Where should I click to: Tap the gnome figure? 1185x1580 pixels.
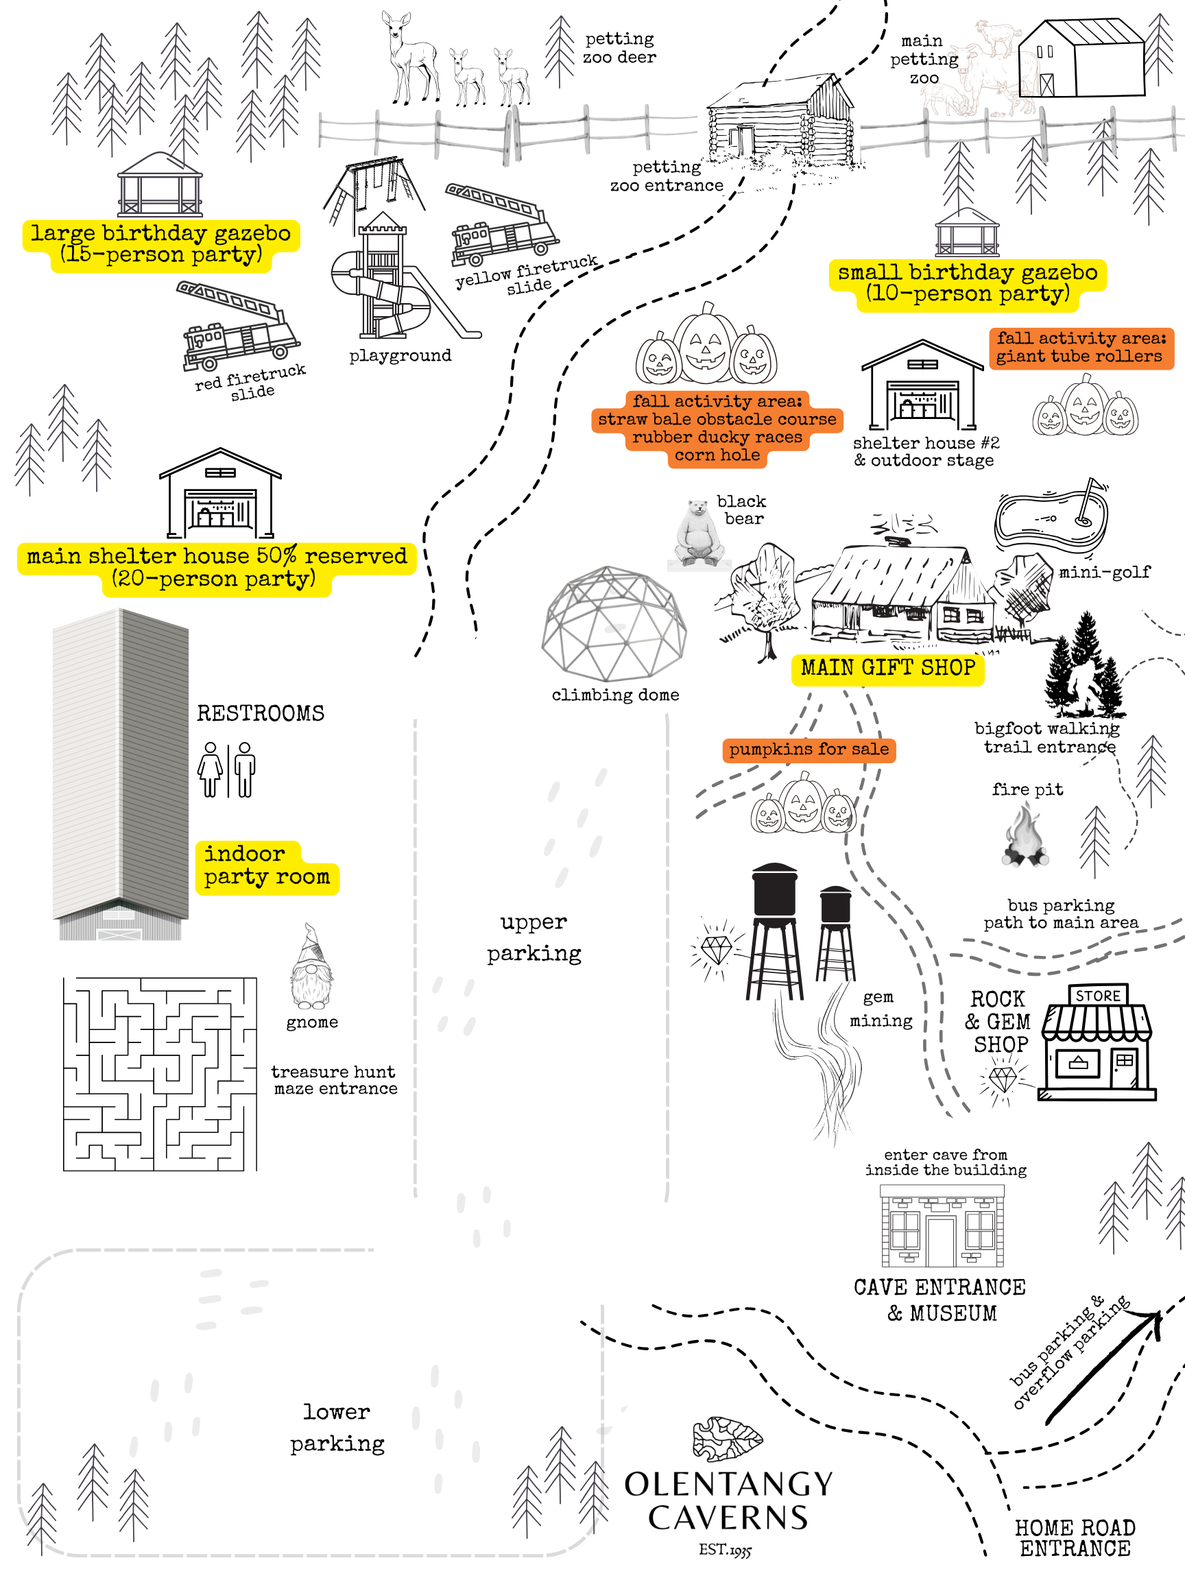pos(311,968)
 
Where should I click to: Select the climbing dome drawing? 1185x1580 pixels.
pos(614,623)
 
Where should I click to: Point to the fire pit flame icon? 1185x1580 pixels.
pos(1026,835)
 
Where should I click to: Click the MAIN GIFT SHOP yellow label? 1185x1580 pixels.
pos(887,669)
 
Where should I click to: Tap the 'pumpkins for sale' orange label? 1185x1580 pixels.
pos(809,750)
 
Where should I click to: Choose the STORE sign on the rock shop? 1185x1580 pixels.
pos(1098,996)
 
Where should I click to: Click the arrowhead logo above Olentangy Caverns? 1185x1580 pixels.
pos(727,1438)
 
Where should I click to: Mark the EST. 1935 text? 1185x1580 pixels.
pos(725,1549)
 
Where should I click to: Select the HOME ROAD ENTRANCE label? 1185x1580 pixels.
pos(1075,1538)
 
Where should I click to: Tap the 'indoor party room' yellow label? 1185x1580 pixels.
pos(265,866)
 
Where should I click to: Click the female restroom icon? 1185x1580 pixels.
pos(211,769)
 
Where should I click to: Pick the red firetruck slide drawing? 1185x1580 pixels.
pos(239,327)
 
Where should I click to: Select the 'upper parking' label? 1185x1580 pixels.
pos(534,937)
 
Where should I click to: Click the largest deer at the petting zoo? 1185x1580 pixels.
pos(410,57)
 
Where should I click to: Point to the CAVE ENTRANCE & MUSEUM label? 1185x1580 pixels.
pos(940,1300)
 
